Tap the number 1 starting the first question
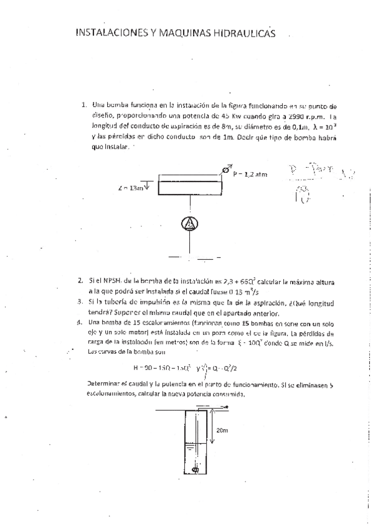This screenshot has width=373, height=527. tap(83, 104)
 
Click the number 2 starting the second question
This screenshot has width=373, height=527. tap(81, 281)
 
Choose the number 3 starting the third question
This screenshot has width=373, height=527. tap(81, 301)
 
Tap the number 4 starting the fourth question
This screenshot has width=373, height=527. tap(81, 323)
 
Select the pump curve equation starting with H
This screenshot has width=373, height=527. tap(148, 367)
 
